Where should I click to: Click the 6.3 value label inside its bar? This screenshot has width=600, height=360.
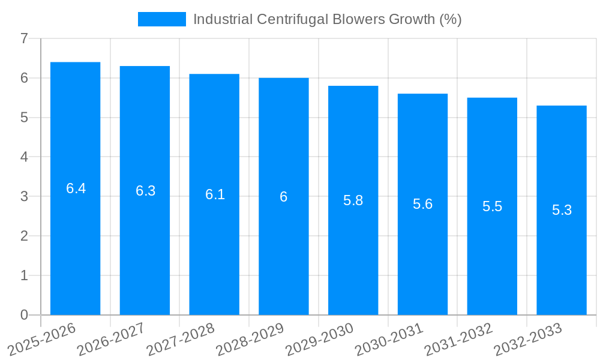[145, 191]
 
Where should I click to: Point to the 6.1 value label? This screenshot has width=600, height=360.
[215, 194]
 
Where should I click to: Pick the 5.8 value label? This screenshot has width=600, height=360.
[353, 200]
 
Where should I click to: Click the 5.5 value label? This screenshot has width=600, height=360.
[492, 206]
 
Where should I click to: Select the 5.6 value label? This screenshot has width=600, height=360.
[422, 204]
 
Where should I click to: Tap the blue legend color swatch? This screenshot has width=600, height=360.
[162, 19]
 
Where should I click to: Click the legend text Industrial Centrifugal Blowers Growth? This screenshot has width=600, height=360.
[327, 19]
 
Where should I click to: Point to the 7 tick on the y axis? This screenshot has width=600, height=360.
[24, 39]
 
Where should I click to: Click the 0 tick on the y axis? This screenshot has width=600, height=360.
[24, 315]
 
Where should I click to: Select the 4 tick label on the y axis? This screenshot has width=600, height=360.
[24, 157]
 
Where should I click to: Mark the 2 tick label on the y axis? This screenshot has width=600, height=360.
[24, 236]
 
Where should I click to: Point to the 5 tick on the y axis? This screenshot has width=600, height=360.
[24, 118]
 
